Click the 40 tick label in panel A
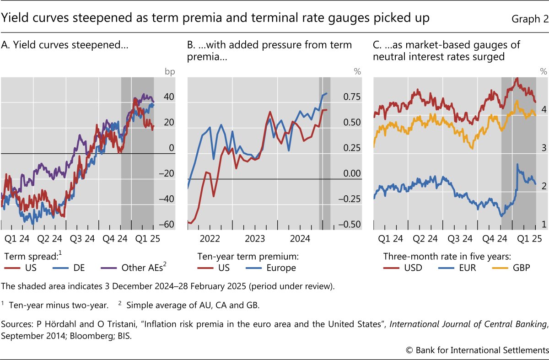pos(169,97)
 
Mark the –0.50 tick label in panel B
pos(350,225)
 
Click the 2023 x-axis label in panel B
pos(255,238)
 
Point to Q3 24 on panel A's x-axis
pos(82,238)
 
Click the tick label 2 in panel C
pos(544,186)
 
